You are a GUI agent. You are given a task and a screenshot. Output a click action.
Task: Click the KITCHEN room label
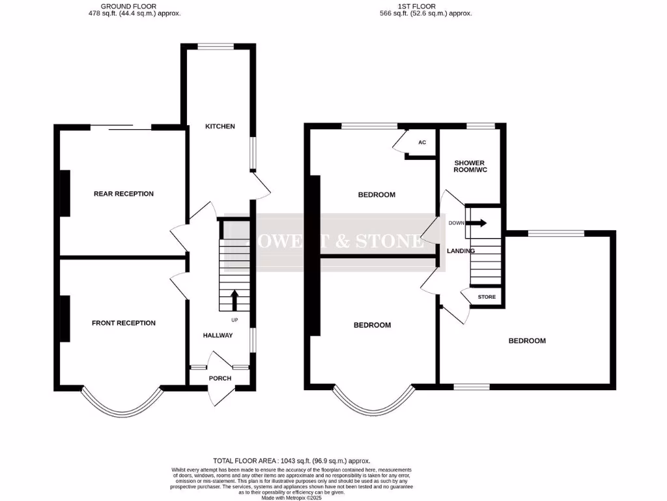[x=220, y=126]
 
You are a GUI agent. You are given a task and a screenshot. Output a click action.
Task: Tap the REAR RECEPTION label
[x=124, y=194]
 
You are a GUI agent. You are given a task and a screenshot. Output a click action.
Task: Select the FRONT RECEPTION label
[x=124, y=323]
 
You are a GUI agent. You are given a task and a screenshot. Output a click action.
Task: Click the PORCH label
[x=220, y=378]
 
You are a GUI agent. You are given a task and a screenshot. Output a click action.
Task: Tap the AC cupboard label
[x=422, y=142]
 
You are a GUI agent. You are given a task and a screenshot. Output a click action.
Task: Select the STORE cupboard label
[x=487, y=297]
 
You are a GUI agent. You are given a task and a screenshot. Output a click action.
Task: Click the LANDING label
[x=461, y=250]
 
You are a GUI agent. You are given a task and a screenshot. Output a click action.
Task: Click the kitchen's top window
[x=216, y=46]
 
